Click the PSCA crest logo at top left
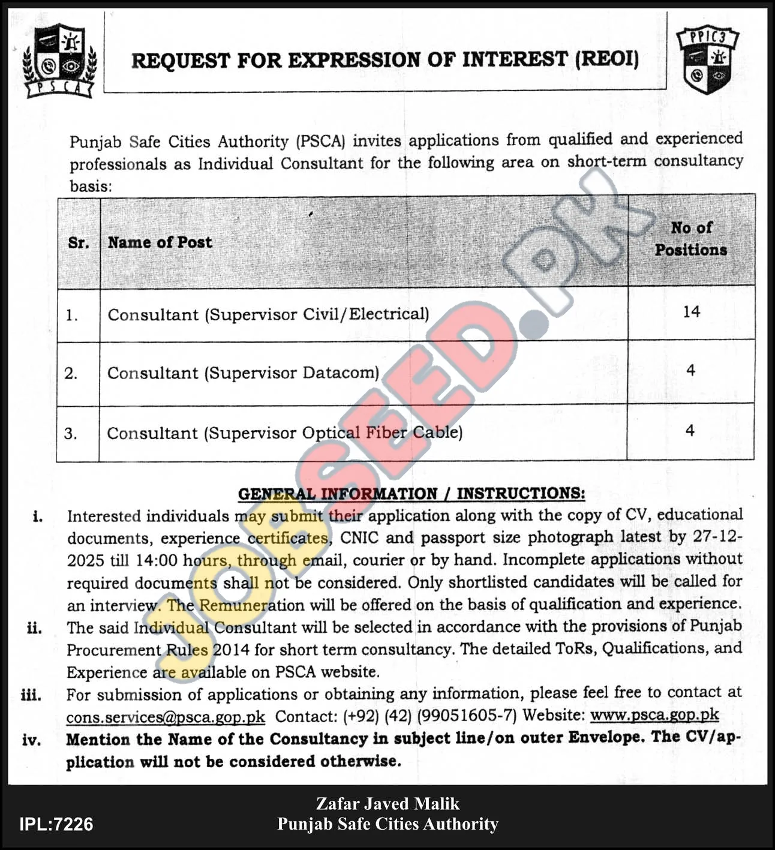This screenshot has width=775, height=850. click(x=59, y=60)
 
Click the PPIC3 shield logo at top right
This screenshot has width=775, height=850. click(x=708, y=61)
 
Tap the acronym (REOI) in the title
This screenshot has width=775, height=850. click(x=606, y=59)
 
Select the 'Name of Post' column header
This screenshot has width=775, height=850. click(x=160, y=242)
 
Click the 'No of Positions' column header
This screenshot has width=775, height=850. click(x=691, y=239)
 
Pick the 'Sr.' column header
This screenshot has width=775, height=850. click(x=79, y=243)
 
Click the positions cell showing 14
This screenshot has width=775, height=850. click(x=691, y=312)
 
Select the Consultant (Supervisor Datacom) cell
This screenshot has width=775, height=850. click(x=243, y=373)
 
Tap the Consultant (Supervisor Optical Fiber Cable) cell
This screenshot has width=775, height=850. click(x=284, y=433)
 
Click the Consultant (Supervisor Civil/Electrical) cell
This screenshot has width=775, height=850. click(x=268, y=314)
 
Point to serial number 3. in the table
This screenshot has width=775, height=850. click(x=71, y=433)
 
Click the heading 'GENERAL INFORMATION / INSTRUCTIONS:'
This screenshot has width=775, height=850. click(x=411, y=494)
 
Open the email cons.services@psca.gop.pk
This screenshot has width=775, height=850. click(x=166, y=717)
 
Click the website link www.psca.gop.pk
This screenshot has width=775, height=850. click(x=654, y=715)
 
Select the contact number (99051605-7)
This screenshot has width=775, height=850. click(x=467, y=716)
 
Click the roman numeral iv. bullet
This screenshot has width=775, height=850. click(x=32, y=740)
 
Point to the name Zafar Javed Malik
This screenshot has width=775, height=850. click(x=387, y=804)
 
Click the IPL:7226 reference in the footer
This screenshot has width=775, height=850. click(x=56, y=824)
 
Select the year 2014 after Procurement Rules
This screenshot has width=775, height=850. click(x=231, y=650)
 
